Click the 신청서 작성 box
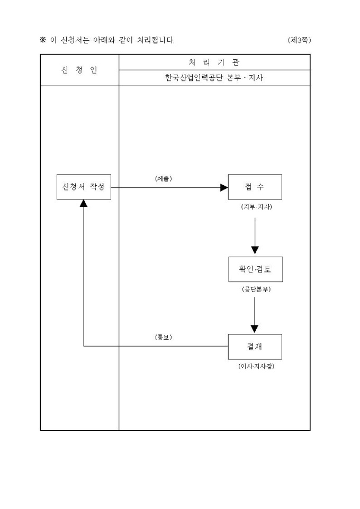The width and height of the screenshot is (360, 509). pyautogui.click(x=84, y=187)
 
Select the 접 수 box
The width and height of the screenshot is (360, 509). pyautogui.click(x=255, y=187)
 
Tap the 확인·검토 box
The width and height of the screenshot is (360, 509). pyautogui.click(x=255, y=270)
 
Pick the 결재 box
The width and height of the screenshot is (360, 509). pyautogui.click(x=255, y=347)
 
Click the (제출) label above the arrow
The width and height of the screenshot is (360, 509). pyautogui.click(x=163, y=179)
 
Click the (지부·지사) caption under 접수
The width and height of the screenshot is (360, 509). pyautogui.click(x=255, y=206)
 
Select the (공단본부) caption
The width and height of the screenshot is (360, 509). pyautogui.click(x=255, y=289)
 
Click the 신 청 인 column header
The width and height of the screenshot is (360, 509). pyautogui.click(x=79, y=70)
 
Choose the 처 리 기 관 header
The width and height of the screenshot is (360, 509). pyautogui.click(x=214, y=62)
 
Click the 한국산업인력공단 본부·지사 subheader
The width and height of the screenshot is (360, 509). pyautogui.click(x=214, y=78)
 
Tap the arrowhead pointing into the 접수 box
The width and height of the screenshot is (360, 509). pyautogui.click(x=224, y=187)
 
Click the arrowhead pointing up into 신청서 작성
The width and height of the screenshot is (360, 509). pyautogui.click(x=84, y=204)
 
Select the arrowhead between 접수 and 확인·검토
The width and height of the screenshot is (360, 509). pyautogui.click(x=255, y=249)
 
